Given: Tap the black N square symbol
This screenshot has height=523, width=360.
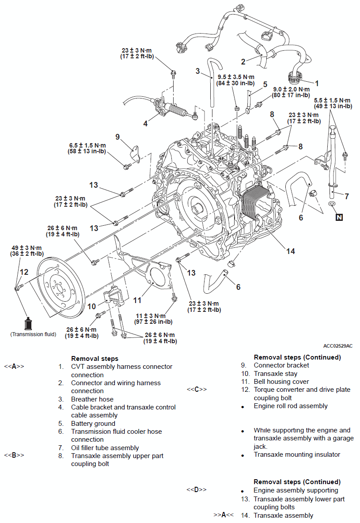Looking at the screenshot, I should click(x=339, y=217).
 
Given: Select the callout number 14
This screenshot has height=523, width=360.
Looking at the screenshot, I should click(x=290, y=251).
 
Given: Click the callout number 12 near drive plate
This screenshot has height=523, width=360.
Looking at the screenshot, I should click(x=24, y=272).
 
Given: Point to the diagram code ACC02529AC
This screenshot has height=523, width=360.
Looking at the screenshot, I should click(x=338, y=346).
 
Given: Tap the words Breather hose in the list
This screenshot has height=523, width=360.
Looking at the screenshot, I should click(x=92, y=399).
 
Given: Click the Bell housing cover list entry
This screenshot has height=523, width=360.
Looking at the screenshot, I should click(x=281, y=381).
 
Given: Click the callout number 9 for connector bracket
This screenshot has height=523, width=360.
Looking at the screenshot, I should click(x=117, y=137).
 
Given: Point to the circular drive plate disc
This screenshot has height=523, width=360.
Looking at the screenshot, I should click(x=59, y=289).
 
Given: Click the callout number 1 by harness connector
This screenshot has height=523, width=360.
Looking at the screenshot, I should click(x=316, y=83).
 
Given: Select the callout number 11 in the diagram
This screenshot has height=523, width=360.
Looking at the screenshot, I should click(x=137, y=300).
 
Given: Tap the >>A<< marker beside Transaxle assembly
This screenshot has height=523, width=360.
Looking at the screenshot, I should click(x=223, y=515).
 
